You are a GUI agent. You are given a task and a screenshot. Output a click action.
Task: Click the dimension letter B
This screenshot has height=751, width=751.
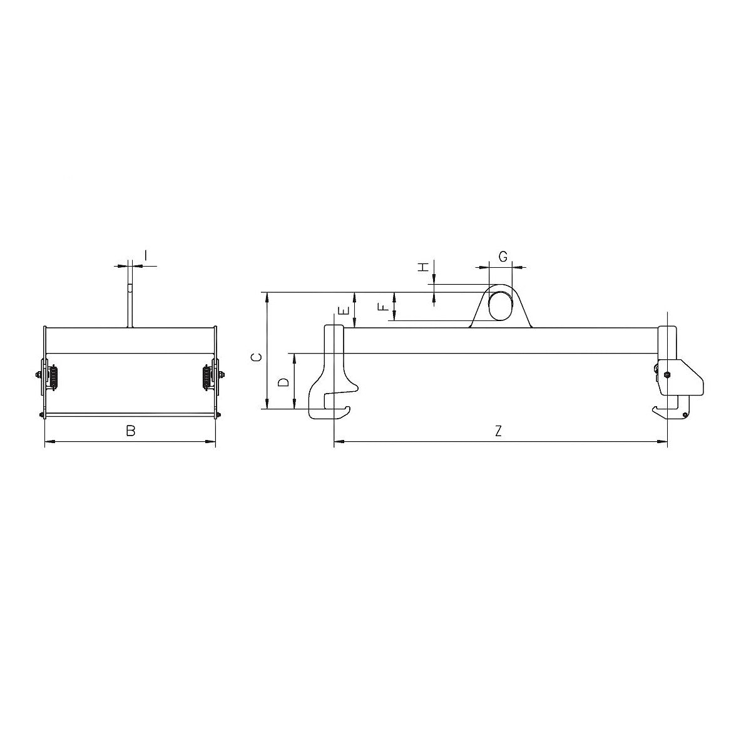pyautogui.click(x=130, y=431)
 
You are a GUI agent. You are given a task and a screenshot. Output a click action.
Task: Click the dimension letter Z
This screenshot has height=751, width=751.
pyautogui.click(x=498, y=431)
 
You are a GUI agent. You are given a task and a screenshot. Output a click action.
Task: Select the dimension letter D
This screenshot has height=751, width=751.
pyautogui.click(x=284, y=382)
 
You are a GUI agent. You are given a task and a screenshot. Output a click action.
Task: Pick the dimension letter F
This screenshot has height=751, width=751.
pyautogui.click(x=383, y=307)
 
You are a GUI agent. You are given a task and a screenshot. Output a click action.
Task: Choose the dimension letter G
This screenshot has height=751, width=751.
pyautogui.click(x=503, y=256)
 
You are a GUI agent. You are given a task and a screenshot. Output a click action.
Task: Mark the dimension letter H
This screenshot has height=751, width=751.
pyautogui.click(x=424, y=267)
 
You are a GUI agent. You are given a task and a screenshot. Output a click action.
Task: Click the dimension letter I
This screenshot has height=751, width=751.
pyautogui.click(x=145, y=255)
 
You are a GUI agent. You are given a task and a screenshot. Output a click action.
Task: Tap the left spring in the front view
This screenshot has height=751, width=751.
pyautogui.click(x=54, y=377)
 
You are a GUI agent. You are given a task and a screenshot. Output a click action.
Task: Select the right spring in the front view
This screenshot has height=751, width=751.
pyautogui.click(x=207, y=377)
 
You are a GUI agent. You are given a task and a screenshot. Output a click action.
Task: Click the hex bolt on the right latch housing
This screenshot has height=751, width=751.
pyautogui.click(x=667, y=375)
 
